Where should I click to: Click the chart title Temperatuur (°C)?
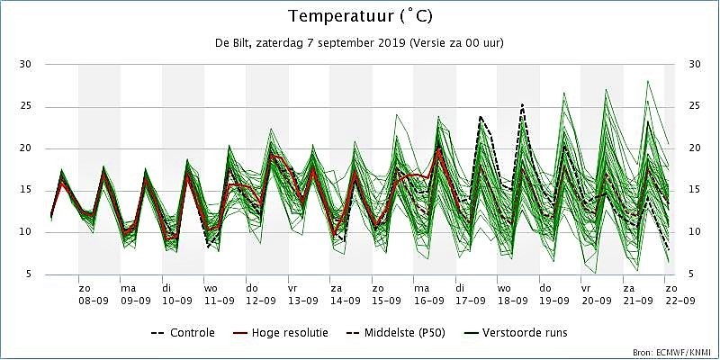pyautogui.click(x=360, y=16)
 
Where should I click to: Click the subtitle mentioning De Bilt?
pyautogui.click(x=359, y=43)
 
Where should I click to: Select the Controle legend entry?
pyautogui.click(x=183, y=332)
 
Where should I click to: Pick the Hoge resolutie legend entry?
pyautogui.click(x=281, y=332)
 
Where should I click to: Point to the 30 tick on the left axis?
pyautogui.click(x=25, y=64)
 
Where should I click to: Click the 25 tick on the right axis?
pyautogui.click(x=695, y=106)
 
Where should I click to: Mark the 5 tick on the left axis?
pyautogui.click(x=29, y=274)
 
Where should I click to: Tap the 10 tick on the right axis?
pyautogui.click(x=695, y=232)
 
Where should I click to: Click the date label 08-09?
pyautogui.click(x=94, y=301)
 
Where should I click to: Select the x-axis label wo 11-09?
pyautogui.click(x=219, y=295)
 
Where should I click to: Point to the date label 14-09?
pyautogui.click(x=345, y=301)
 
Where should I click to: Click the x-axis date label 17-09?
pyautogui.click(x=470, y=301)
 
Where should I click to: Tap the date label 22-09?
pyautogui.click(x=680, y=301)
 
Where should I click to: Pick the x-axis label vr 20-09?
pyautogui.click(x=596, y=295)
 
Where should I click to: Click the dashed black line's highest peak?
pyautogui.click(x=523, y=105)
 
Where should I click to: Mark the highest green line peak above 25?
pyautogui.click(x=648, y=81)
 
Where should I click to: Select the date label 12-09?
pyautogui.click(x=261, y=301)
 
